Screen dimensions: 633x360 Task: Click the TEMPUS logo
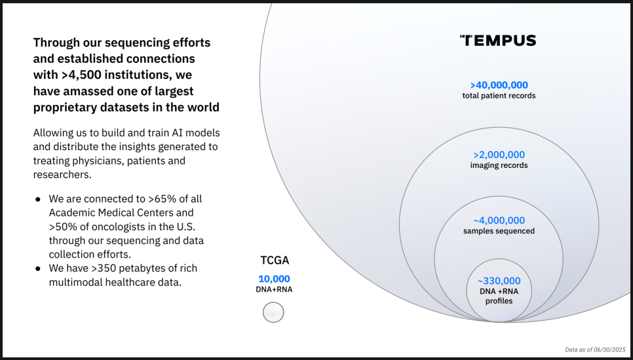pyautogui.click(x=498, y=41)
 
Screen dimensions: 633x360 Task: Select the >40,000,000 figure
pyautogui.click(x=499, y=85)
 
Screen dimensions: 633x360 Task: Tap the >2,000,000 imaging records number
pyautogui.click(x=499, y=155)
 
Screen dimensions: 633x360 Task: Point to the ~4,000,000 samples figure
pyautogui.click(x=499, y=220)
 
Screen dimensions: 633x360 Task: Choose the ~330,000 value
pyautogui.click(x=499, y=281)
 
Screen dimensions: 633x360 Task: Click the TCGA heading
pyautogui.click(x=275, y=260)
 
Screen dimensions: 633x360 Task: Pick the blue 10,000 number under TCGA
pyautogui.click(x=274, y=279)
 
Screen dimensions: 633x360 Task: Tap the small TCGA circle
pyautogui.click(x=273, y=312)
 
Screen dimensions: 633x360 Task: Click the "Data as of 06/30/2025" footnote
pyautogui.click(x=595, y=350)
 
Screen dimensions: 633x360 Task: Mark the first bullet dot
pyautogui.click(x=38, y=199)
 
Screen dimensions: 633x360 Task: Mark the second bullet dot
pyautogui.click(x=38, y=268)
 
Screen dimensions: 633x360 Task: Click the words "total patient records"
pyautogui.click(x=499, y=96)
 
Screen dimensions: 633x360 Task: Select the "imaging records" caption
pyautogui.click(x=499, y=165)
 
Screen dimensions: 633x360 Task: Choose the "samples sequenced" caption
pyautogui.click(x=499, y=231)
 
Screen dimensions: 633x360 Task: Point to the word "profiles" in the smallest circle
pyautogui.click(x=499, y=301)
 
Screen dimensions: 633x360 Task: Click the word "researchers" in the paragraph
pyautogui.click(x=62, y=174)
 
